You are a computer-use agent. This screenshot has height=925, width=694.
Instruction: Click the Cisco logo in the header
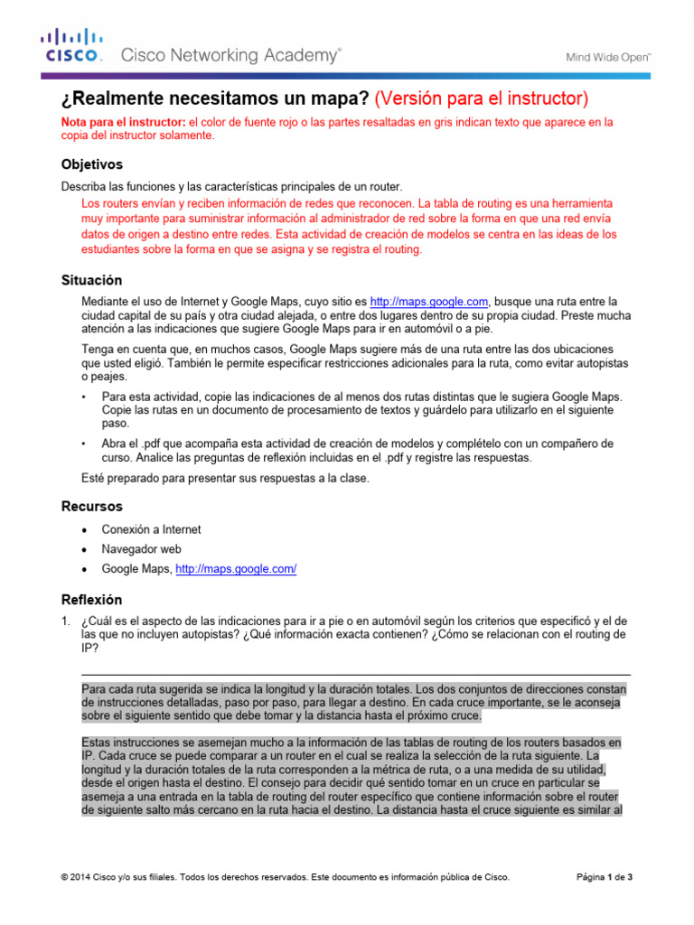[x=73, y=46]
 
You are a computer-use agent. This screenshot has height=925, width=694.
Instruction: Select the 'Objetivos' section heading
[x=91, y=164]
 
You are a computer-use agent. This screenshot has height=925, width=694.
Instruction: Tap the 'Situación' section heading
[x=91, y=280]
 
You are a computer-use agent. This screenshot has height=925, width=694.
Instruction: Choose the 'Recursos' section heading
[x=91, y=506]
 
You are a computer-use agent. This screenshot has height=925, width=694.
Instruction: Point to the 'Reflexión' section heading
[x=91, y=599]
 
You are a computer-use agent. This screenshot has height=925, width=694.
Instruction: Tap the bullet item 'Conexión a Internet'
[x=151, y=529]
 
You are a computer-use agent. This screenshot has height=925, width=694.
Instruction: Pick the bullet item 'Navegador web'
[x=141, y=549]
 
